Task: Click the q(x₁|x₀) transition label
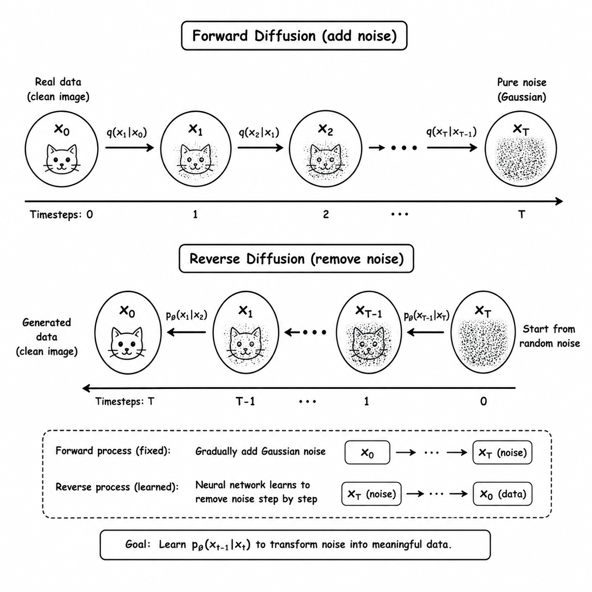[127, 132]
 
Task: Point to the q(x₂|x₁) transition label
[259, 132]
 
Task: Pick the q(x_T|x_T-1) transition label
[451, 132]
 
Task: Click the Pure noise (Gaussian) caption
[522, 89]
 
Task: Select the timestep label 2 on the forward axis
[326, 214]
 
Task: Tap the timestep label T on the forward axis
[521, 214]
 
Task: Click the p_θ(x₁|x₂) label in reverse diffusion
[187, 315]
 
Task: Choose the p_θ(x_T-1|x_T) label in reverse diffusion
[427, 315]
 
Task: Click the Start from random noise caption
[550, 336]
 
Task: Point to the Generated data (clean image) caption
[47, 337]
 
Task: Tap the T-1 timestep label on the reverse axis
[245, 401]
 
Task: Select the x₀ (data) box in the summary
[502, 494]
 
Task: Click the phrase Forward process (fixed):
[113, 451]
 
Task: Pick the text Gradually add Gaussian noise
[261, 451]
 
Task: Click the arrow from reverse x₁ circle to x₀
[186, 332]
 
